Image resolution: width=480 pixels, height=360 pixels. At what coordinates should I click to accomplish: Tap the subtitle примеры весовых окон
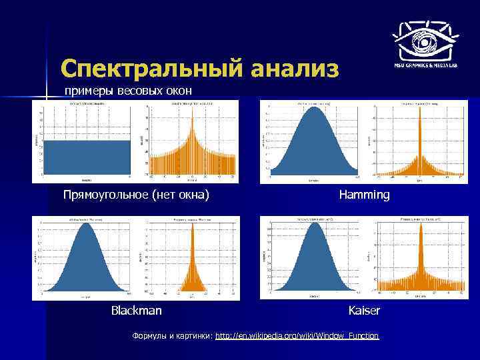(128, 91)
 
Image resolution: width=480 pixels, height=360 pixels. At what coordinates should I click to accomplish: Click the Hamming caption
(364, 195)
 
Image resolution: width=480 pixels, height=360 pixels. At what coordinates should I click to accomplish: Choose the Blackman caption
(136, 311)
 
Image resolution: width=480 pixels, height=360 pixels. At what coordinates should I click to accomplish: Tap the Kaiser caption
(364, 311)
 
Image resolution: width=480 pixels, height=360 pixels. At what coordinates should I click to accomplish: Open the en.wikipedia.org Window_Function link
(297, 336)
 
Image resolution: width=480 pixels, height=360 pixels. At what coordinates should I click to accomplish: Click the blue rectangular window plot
(86, 157)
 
